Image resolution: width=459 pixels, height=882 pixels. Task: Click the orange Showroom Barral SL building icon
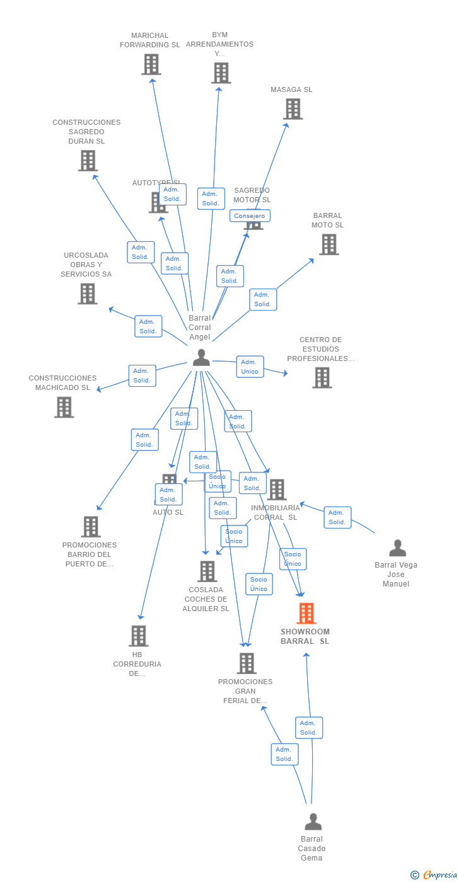point(306,613)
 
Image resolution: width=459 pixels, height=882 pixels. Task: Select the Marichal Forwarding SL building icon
point(151,64)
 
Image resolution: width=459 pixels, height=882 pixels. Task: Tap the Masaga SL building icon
point(293,109)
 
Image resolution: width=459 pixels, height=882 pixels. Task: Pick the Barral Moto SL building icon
point(328,244)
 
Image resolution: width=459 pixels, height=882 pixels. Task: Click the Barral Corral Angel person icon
point(201,358)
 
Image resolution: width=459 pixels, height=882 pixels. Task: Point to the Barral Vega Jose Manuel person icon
point(397,548)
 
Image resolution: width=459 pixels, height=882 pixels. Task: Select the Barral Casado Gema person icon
point(313,822)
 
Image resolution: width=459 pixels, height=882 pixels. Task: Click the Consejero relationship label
point(250,216)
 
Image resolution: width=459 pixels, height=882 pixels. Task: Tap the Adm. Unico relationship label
point(250,367)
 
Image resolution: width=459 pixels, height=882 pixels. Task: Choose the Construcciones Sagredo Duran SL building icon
point(88,161)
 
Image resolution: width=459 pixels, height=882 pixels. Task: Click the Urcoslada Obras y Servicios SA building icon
point(87,294)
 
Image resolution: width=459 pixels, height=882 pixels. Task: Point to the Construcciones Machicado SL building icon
point(64,407)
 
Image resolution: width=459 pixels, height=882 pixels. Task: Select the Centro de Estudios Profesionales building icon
point(322,377)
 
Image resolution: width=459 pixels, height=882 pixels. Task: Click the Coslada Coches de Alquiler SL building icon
point(207,571)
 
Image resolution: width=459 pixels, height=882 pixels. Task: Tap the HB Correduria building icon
point(138,636)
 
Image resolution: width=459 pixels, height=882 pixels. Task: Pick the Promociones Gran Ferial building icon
point(247,663)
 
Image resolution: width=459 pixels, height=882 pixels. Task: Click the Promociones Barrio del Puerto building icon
point(91,527)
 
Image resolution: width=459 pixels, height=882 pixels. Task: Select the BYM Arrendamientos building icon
point(221,73)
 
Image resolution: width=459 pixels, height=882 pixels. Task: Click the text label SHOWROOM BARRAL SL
point(305,636)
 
